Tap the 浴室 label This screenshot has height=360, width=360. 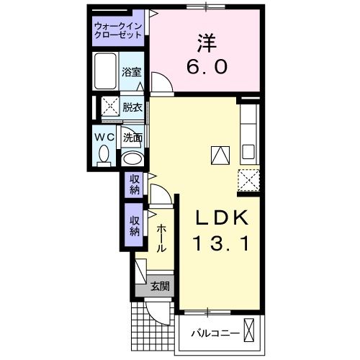point(131,73)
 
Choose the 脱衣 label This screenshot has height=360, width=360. point(132,108)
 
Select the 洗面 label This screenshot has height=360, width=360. point(132,137)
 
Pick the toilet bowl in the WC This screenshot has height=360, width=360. point(103,153)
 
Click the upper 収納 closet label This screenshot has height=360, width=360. point(135,184)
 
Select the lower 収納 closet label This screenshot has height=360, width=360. point(135,226)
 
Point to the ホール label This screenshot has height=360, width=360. point(161,236)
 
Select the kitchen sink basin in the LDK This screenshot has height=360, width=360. point(248,153)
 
